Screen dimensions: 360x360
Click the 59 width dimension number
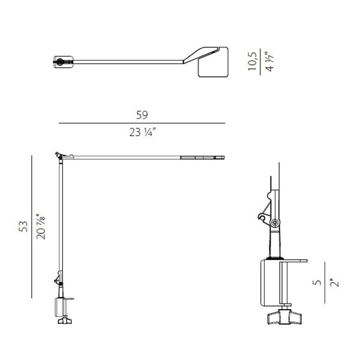(x=142, y=115)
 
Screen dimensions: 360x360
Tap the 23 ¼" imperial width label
(x=143, y=133)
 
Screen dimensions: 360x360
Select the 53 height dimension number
(x=23, y=226)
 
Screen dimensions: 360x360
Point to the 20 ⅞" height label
(x=41, y=227)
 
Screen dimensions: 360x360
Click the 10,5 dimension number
(x=253, y=61)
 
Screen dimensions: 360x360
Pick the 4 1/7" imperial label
(x=269, y=62)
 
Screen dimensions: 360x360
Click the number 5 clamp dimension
(x=317, y=282)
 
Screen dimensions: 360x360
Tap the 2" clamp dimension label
(x=334, y=283)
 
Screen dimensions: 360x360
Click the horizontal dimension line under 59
(x=142, y=123)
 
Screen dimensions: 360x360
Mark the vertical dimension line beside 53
(x=32, y=227)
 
